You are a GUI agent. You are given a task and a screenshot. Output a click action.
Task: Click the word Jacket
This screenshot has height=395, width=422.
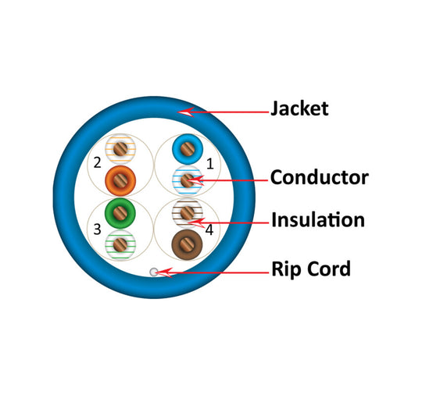tap(299, 109)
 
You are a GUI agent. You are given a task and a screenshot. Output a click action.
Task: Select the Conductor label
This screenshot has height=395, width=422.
tap(319, 177)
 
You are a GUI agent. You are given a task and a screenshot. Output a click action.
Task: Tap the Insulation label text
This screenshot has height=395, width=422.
tap(318, 219)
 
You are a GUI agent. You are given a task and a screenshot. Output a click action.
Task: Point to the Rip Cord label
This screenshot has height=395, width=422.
tap(311, 269)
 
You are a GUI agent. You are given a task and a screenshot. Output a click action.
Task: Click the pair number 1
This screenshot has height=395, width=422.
tap(210, 163)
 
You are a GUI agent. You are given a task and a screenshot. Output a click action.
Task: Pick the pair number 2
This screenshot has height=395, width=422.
tap(97, 162)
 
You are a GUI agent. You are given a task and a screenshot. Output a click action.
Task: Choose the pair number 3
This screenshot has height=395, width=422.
tap(97, 230)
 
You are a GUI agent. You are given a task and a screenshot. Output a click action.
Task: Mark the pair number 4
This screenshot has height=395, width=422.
tap(209, 230)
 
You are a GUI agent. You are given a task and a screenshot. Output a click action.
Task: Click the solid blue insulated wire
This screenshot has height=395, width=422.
tap(188, 149)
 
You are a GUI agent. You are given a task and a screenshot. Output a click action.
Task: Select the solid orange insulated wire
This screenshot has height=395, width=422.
tap(120, 180)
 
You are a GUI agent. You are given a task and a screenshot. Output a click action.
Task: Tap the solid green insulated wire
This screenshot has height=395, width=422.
tap(120, 213)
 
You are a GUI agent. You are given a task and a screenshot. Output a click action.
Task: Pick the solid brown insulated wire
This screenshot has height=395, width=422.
tap(187, 244)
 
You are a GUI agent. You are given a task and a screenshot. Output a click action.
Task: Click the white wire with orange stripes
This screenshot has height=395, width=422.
tap(120, 149)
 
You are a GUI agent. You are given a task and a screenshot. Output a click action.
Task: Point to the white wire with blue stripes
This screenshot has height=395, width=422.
tap(188, 180)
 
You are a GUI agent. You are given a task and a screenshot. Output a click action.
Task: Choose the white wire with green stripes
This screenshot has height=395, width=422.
tap(120, 244)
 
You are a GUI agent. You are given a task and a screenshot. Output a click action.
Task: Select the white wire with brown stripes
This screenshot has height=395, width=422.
tap(188, 213)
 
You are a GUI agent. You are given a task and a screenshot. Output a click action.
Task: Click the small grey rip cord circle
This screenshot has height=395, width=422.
tap(154, 272)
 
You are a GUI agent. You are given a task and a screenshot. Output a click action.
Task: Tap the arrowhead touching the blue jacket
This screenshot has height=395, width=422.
tap(186, 112)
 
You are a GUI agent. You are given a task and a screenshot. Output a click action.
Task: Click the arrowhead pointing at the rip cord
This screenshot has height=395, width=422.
tap(164, 272)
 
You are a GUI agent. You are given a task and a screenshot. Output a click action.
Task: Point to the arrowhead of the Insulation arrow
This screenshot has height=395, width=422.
tap(196, 222)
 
